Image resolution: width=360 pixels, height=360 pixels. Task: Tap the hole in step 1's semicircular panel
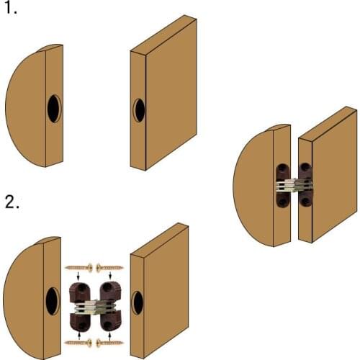click(55, 108)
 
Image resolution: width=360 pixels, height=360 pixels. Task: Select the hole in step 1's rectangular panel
click(139, 110)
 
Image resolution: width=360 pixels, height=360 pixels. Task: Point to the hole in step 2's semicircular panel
click(53, 300)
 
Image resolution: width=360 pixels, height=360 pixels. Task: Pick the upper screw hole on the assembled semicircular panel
click(280, 172)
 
